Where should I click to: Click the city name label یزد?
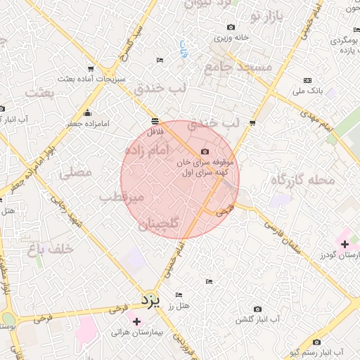(150, 301)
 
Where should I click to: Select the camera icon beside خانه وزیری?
(231, 27)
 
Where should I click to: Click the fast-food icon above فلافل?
(155, 121)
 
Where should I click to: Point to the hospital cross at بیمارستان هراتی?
(136, 321)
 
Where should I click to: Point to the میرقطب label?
(122, 198)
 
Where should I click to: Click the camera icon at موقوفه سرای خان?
(205, 151)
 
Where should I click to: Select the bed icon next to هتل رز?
(179, 295)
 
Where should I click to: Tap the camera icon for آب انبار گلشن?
(257, 309)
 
